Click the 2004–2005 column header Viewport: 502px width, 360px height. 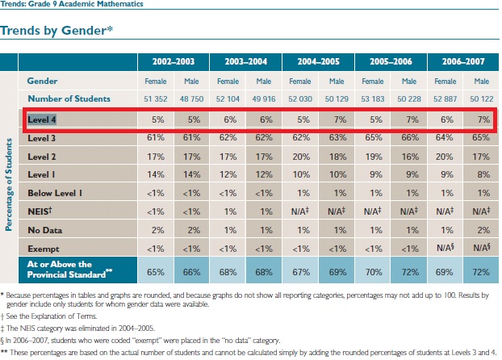(x=317, y=61)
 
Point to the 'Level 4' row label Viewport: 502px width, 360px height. (x=43, y=119)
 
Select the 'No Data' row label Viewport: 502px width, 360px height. (x=44, y=228)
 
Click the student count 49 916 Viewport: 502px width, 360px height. (x=263, y=98)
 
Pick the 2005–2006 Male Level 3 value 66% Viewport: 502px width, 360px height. (x=409, y=137)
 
